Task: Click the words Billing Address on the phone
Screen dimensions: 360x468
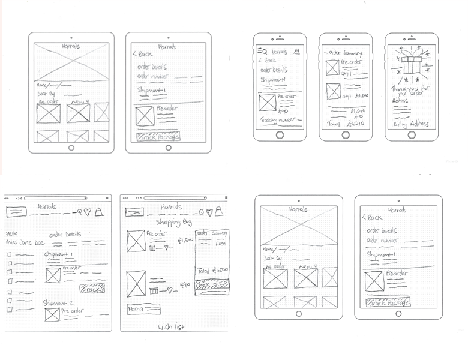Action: (x=410, y=124)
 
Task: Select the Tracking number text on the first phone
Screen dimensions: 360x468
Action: (x=279, y=120)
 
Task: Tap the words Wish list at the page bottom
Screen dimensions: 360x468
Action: (x=170, y=327)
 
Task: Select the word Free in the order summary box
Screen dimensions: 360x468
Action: (x=221, y=244)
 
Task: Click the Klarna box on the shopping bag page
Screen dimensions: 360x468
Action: (x=143, y=309)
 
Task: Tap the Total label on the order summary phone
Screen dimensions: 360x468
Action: (x=333, y=124)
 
